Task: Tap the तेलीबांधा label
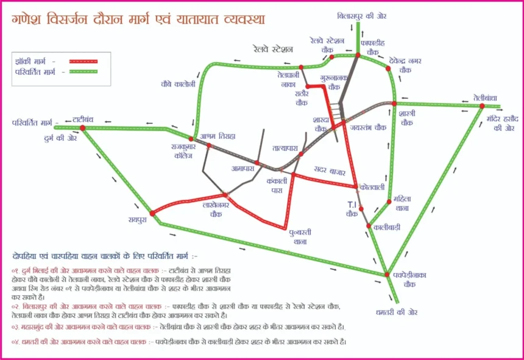[485, 97]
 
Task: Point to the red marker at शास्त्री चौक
[394, 103]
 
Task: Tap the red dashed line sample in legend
[83, 61]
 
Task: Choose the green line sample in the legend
[83, 72]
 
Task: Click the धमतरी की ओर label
[396, 312]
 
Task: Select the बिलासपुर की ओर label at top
[358, 15]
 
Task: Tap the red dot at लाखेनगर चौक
[225, 195]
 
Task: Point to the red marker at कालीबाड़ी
[369, 226]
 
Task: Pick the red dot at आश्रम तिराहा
[209, 146]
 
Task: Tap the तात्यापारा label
[285, 148]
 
